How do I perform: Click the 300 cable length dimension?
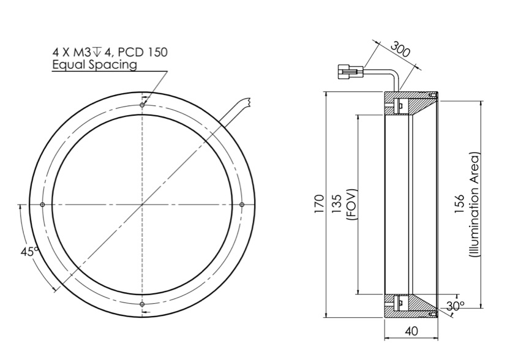(399, 51)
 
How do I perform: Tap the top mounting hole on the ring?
(142, 105)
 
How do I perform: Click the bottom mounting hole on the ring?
(142, 304)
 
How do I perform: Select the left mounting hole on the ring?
(42, 204)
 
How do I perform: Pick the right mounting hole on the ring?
(242, 204)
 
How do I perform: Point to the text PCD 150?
(145, 53)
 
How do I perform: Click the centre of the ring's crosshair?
(142, 204)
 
